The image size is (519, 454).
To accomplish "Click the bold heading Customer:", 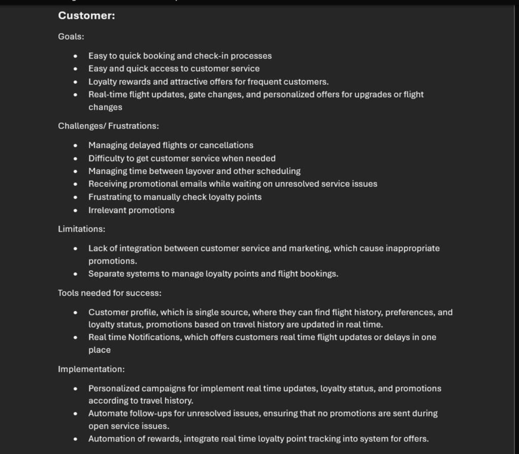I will coord(86,16).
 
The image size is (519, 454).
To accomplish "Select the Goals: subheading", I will coord(71,37).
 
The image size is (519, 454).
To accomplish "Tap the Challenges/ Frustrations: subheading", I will coord(108,126).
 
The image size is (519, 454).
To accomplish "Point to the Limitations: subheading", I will coord(82,229).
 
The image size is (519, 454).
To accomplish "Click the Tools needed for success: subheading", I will coord(110,293).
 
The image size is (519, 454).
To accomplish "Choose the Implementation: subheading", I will coord(91,369).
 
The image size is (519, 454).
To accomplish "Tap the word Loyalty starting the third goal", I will coord(102,82).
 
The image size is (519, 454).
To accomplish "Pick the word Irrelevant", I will coord(108,210).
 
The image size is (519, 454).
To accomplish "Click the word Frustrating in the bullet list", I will coord(110,197).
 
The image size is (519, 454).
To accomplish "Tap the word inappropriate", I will coord(412,248).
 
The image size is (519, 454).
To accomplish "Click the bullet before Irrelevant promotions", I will coord(76,210).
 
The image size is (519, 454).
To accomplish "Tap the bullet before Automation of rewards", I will coord(76,439).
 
